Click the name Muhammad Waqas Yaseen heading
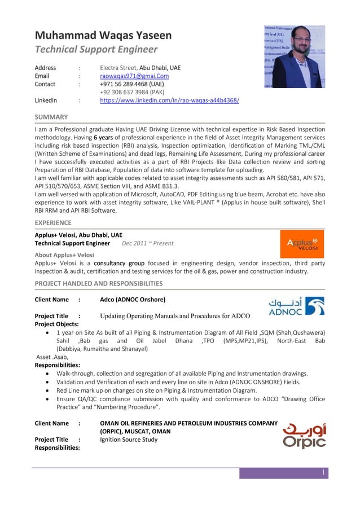[103, 36]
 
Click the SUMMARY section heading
[51, 117]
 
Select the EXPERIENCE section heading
[54, 223]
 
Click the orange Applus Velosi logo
[302, 244]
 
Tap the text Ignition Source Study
[128, 440]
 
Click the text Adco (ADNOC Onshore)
[132, 299]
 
